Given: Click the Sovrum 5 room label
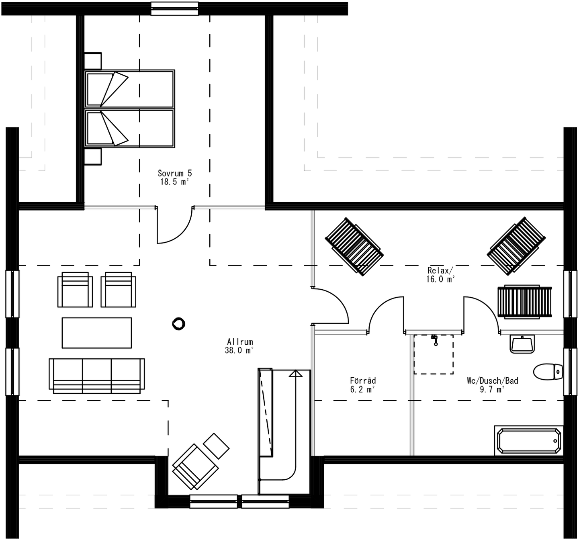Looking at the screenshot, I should pyautogui.click(x=175, y=173).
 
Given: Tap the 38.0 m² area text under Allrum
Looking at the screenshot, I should pyautogui.click(x=239, y=350).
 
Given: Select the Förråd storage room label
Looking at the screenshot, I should pyautogui.click(x=363, y=380).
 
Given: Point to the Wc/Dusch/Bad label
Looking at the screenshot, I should pyautogui.click(x=492, y=380).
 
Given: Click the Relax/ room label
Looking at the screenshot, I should pyautogui.click(x=440, y=270).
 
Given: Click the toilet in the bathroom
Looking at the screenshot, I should pyautogui.click(x=548, y=371).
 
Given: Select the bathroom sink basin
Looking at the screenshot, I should pyautogui.click(x=522, y=344).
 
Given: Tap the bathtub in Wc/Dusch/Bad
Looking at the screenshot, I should pyautogui.click(x=528, y=441).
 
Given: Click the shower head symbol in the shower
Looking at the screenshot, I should pyautogui.click(x=434, y=340).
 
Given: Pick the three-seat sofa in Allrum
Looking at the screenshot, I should pyautogui.click(x=96, y=375).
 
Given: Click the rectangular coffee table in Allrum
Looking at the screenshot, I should pyautogui.click(x=96, y=333).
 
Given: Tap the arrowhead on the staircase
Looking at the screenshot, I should pyautogui.click(x=295, y=374).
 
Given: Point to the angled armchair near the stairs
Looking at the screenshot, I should pyautogui.click(x=195, y=467).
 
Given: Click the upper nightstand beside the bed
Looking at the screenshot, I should pyautogui.click(x=93, y=61).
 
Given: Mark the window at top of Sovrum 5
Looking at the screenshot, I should pyautogui.click(x=174, y=8).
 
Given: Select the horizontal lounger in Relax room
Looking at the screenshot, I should pyautogui.click(x=524, y=302).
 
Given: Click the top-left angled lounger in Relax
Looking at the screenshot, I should pyautogui.click(x=354, y=246).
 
